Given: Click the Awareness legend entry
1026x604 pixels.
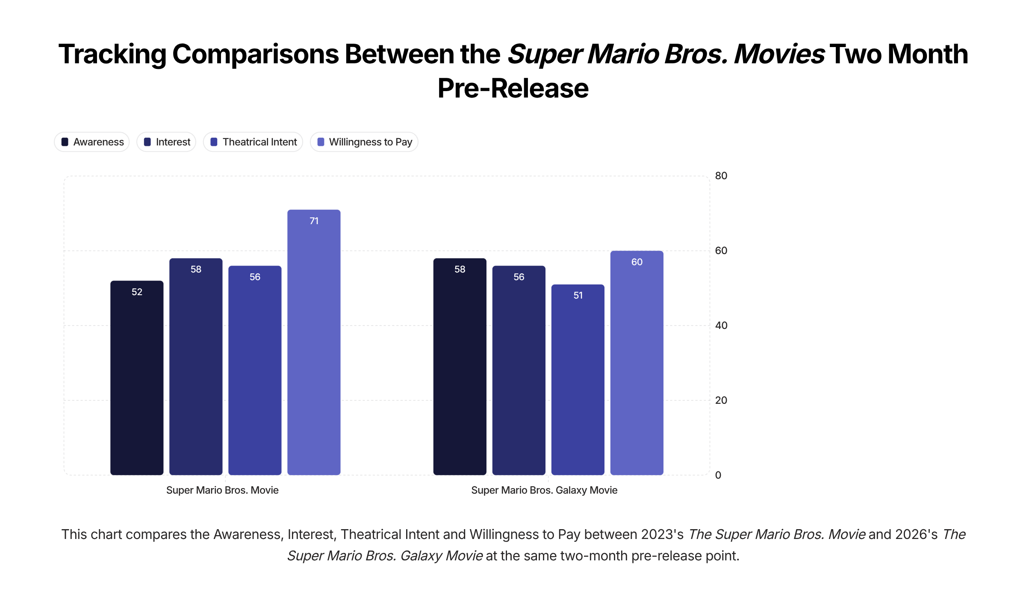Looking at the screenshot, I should coord(92,142).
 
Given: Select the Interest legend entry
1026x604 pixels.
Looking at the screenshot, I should coord(167,142).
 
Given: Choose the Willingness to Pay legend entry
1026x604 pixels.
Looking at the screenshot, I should coord(364,142).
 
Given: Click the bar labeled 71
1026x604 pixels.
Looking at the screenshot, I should coord(314,342).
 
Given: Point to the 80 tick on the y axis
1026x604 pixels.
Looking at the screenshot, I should coord(721,176).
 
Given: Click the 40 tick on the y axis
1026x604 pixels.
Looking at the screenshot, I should coord(721,326).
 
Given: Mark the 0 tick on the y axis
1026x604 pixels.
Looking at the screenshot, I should coord(718,475).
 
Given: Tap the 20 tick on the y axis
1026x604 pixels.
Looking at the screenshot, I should coord(721,400).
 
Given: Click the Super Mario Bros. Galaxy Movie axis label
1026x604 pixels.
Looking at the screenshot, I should coord(544,490).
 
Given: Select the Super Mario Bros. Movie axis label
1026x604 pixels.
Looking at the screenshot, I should coord(222,490).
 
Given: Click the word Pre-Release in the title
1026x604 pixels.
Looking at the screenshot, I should coord(513,89).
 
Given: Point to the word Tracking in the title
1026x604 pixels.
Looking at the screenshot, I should coord(112,54).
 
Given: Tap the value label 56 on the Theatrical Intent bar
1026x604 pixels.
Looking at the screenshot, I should coord(255,277).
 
